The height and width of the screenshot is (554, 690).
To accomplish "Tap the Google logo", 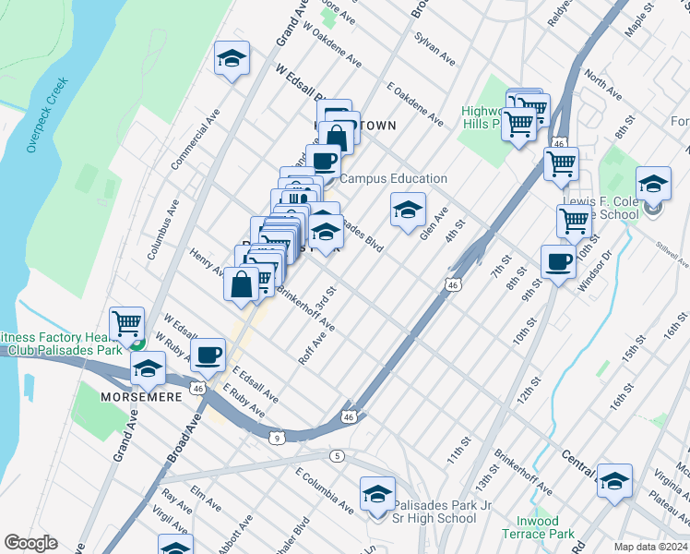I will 30,544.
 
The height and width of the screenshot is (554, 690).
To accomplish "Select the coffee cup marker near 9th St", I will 559,262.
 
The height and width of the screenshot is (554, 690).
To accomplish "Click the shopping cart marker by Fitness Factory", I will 127,323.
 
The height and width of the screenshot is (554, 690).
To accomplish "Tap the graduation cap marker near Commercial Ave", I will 232,59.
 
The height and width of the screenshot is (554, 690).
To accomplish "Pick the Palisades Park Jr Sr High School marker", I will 377,495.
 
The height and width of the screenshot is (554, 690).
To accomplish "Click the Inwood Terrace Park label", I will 538,526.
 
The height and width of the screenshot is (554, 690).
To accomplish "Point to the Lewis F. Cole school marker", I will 653,183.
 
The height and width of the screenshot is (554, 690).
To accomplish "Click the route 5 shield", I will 339,455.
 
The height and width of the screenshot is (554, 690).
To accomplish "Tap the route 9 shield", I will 277,438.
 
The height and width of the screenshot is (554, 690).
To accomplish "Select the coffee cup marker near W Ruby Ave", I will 208,355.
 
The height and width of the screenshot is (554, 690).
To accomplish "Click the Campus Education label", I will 394,178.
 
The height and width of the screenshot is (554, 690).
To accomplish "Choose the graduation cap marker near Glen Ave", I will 407,210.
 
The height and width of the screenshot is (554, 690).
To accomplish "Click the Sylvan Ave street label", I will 434,49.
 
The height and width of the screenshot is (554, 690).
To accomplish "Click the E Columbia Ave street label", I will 325,490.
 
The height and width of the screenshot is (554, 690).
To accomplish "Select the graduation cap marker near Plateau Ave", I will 614,481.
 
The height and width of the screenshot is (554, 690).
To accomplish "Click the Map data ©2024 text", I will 651,547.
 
